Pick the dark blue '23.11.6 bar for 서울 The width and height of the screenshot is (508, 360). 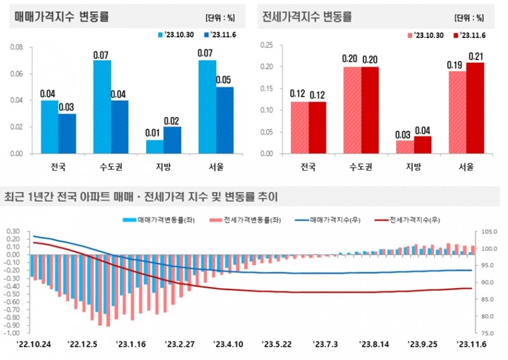pyautogui.click(x=224, y=120)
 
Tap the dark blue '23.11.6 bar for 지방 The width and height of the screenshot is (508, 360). pyautogui.click(x=172, y=140)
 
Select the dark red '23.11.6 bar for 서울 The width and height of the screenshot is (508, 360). pyautogui.click(x=475, y=108)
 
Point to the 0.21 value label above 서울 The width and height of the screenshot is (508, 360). pyautogui.click(x=475, y=57)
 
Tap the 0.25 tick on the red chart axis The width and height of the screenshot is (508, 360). pyautogui.click(x=266, y=44)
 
